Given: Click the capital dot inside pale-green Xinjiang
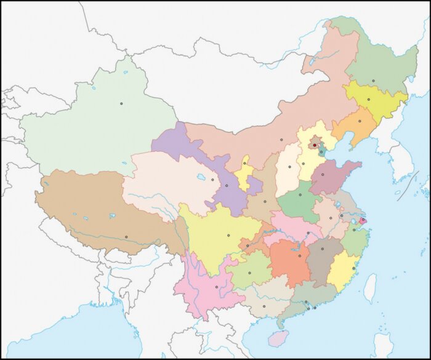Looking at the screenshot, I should [122, 103].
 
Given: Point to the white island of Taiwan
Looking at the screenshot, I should [369, 288].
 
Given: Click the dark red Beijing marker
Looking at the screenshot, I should [314, 145].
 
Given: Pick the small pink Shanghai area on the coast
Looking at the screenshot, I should [363, 220].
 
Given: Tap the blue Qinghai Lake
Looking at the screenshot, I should [201, 178].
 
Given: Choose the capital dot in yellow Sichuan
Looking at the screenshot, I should [228, 235].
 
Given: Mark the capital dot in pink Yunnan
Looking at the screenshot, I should [217, 287].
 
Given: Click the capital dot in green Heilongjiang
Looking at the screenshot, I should [373, 81].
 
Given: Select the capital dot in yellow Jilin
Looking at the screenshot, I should [368, 99].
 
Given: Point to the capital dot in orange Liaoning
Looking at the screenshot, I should [360, 121].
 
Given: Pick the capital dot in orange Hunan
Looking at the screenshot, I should [300, 255].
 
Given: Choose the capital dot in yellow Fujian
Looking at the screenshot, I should [353, 268].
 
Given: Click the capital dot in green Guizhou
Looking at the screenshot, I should [249, 273].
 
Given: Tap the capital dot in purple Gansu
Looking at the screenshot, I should [227, 185].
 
